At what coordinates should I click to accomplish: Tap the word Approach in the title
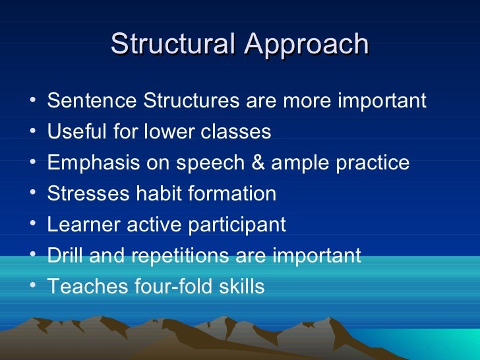tap(306, 44)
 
